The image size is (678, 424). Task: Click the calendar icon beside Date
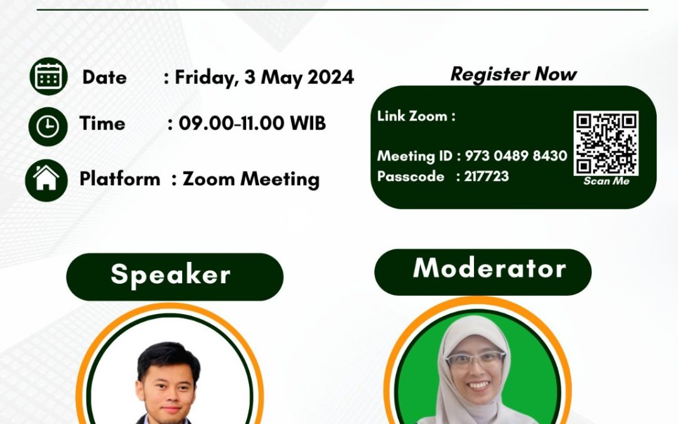click(x=48, y=76)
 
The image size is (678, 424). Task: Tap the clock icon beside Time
click(x=48, y=127)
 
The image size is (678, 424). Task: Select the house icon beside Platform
click(x=46, y=180)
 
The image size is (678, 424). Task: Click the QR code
click(x=606, y=143)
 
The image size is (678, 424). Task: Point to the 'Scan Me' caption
click(x=606, y=181)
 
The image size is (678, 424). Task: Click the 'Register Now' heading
click(x=514, y=74)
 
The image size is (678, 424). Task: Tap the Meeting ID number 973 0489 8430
click(x=516, y=155)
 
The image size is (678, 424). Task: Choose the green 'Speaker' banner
click(x=175, y=277)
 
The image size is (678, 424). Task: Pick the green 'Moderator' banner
click(x=483, y=272)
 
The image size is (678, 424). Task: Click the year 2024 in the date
click(x=331, y=77)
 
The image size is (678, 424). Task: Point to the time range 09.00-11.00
click(x=231, y=123)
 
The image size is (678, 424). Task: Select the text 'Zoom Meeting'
click(x=250, y=179)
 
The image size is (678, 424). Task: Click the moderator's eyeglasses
click(x=476, y=359)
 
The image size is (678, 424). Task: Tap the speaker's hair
click(x=169, y=359)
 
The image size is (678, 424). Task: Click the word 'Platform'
click(x=120, y=178)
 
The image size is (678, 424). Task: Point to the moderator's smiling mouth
click(x=478, y=384)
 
